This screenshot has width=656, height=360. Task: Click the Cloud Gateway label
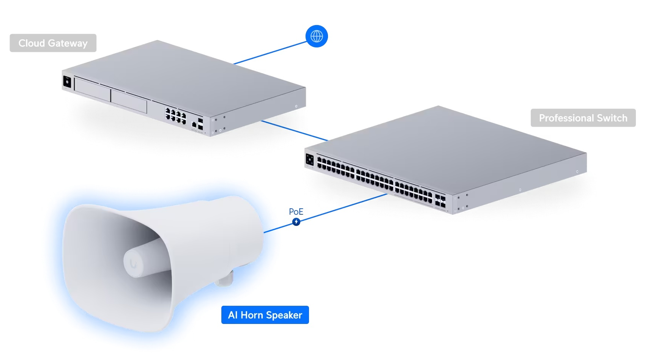[x=53, y=43]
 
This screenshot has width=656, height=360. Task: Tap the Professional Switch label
[x=583, y=118]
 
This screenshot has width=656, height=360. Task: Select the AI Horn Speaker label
[x=265, y=315]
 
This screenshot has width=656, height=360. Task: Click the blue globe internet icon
[x=317, y=36]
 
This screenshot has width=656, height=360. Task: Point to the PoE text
[x=296, y=212]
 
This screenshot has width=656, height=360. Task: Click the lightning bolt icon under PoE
[x=296, y=222]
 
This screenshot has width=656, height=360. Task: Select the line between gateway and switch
[x=294, y=130]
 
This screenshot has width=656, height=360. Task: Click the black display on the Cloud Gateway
[x=67, y=82]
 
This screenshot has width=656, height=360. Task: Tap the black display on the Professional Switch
[x=309, y=160]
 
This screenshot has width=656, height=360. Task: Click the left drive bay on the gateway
[x=92, y=90]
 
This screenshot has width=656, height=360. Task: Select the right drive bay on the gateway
[x=129, y=101]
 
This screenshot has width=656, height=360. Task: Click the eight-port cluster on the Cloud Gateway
[x=175, y=116]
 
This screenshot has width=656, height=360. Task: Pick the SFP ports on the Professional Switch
[x=440, y=201]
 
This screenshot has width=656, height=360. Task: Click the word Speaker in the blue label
[x=284, y=315]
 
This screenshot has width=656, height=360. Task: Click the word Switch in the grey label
[x=612, y=118]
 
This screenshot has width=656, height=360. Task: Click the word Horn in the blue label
[x=252, y=315]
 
